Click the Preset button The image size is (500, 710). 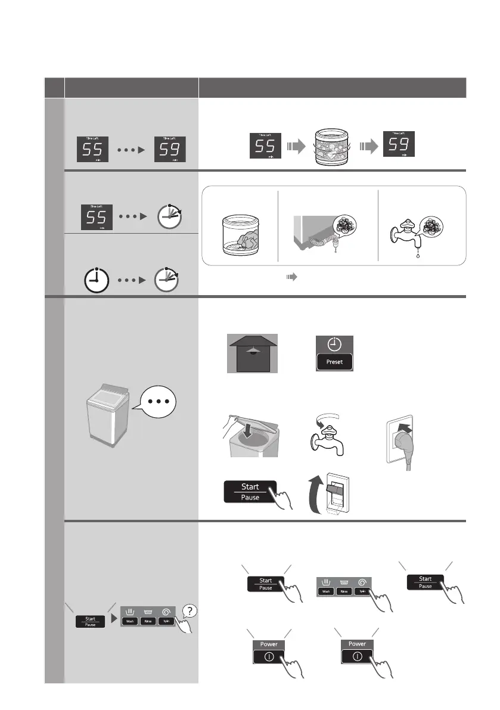pyautogui.click(x=334, y=362)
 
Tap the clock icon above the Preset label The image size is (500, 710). pyautogui.click(x=334, y=345)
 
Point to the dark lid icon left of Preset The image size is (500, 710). pyautogui.click(x=253, y=354)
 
